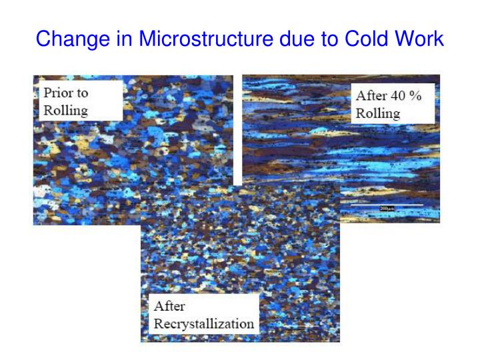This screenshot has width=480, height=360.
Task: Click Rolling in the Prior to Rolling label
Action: [x=66, y=109]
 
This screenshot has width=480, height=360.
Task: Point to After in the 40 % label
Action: [x=371, y=95]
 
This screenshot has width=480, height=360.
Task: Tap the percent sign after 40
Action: [x=417, y=95]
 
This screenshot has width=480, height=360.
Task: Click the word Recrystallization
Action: [x=204, y=324]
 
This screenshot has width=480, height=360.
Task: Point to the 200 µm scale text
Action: [x=387, y=209]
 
